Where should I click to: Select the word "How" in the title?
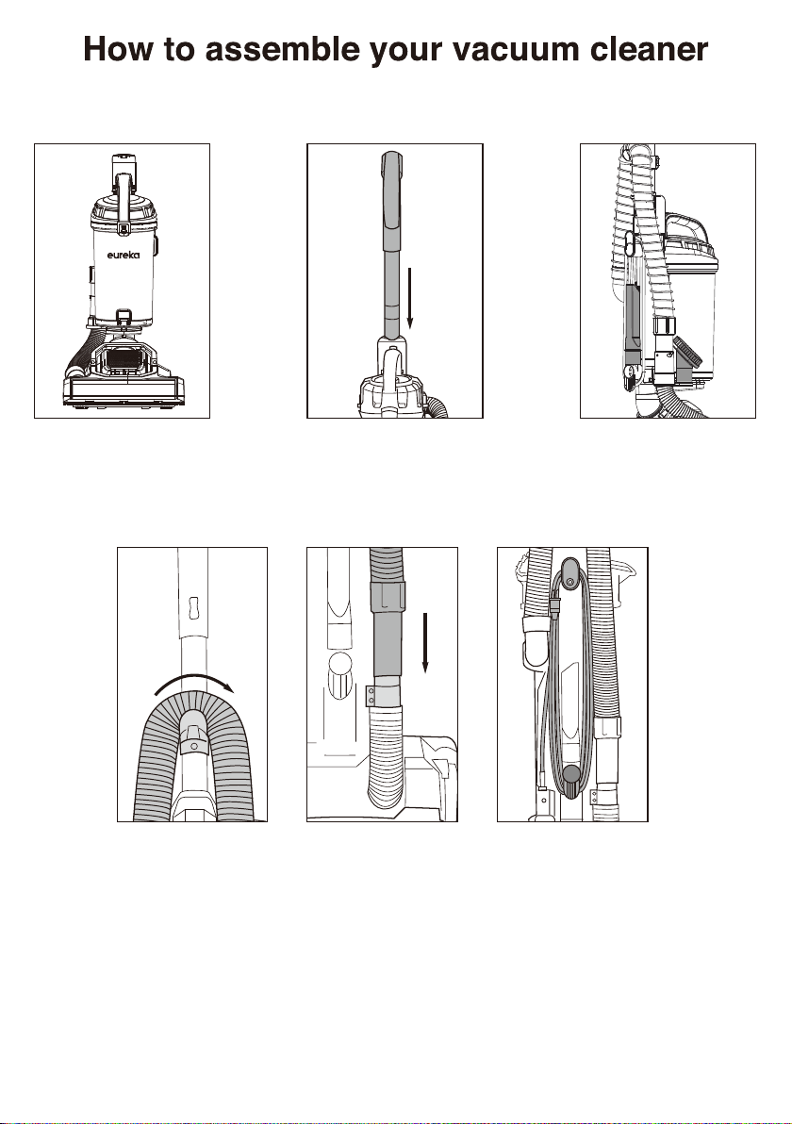point(119,49)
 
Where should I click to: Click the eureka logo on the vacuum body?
point(124,256)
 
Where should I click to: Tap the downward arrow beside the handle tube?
point(408,298)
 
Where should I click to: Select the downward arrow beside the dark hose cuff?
point(425,643)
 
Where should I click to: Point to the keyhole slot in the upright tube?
point(191,605)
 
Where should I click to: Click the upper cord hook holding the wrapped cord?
point(570,574)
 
